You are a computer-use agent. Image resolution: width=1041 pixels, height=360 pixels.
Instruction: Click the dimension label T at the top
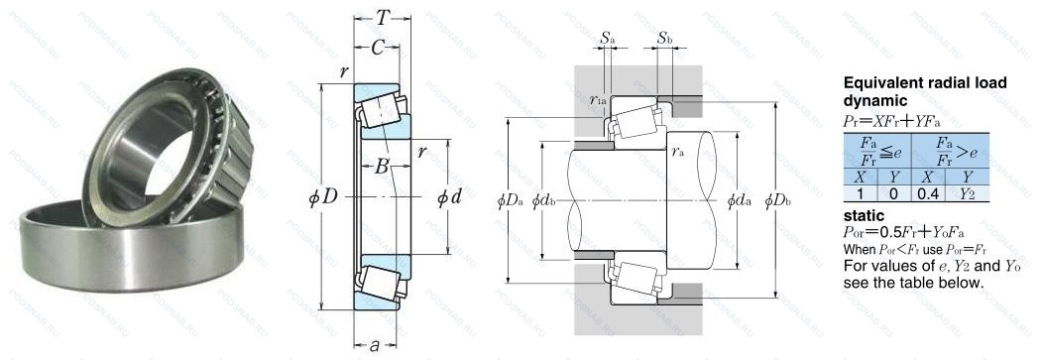382,19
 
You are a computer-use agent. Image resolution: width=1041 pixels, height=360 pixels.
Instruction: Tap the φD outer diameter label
323,198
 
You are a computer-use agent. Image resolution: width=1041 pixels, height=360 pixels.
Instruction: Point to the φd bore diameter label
448,198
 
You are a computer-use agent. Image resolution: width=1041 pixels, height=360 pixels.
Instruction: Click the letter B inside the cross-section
381,167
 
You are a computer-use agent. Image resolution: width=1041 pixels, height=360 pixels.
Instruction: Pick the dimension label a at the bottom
375,345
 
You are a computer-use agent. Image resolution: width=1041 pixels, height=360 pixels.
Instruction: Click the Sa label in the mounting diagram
608,39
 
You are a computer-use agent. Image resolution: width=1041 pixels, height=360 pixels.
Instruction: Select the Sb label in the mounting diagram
664,39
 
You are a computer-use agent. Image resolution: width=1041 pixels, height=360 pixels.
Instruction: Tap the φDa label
511,200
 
